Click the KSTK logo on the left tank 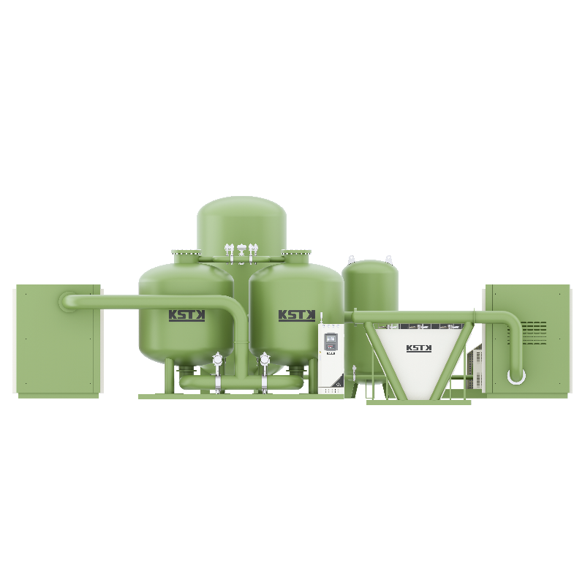[x=187, y=315]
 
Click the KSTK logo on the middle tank [x=297, y=315]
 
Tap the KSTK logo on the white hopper [x=419, y=348]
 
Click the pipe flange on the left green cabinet [x=67, y=300]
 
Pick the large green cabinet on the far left [x=57, y=340]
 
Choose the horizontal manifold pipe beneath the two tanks [x=241, y=381]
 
